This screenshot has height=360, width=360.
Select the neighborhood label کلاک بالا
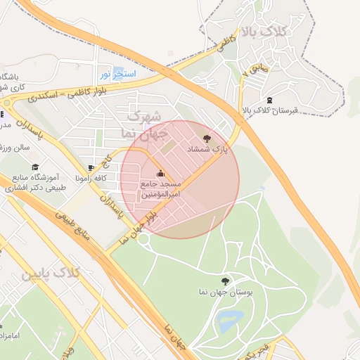point(264,32)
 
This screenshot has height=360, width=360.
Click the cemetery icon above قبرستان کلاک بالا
point(271,100)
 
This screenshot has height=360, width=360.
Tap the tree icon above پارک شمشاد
point(206,139)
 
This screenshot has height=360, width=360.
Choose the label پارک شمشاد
point(208,150)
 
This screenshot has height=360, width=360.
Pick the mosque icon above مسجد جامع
point(160,174)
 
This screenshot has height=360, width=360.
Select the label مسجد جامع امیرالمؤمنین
point(161,188)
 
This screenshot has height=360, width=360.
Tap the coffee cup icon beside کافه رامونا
point(91,167)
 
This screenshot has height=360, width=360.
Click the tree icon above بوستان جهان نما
point(225,281)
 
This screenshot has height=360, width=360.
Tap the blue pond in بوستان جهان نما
point(229,322)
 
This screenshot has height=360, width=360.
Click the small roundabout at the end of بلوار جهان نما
point(144,239)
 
